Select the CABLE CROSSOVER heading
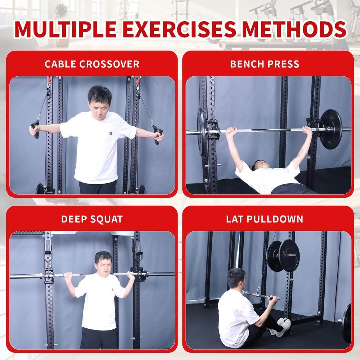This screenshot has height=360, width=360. coord(92,64)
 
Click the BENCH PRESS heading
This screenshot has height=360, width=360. coord(265,64)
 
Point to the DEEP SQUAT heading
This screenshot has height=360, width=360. coord(92,219)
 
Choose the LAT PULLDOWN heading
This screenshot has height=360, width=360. coord(265,219)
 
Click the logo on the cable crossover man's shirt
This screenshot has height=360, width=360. coord(111,134)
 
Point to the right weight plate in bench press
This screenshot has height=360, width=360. coord(330,129)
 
